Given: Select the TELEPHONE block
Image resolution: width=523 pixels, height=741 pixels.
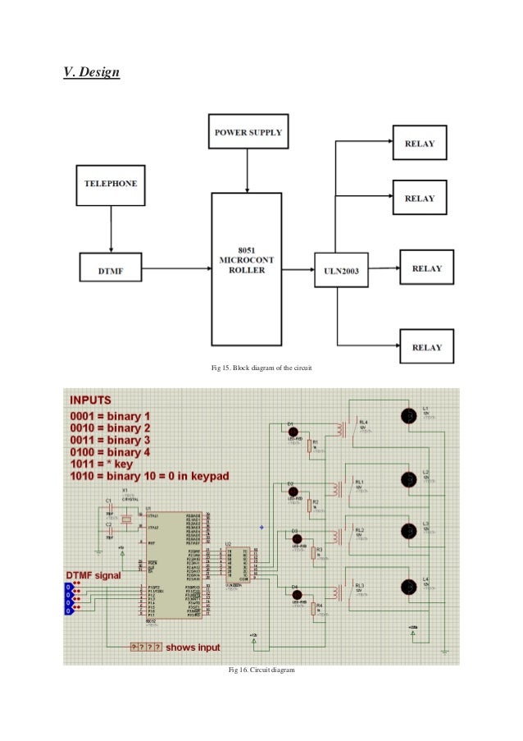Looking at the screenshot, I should [x=111, y=183].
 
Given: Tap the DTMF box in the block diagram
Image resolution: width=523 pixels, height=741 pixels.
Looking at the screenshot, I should [x=111, y=268].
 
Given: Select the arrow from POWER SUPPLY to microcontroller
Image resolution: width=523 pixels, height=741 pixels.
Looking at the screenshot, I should [x=248, y=172].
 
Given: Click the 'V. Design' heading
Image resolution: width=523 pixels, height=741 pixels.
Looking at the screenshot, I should [x=92, y=73].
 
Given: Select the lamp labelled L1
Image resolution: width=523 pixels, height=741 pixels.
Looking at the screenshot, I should [x=407, y=415].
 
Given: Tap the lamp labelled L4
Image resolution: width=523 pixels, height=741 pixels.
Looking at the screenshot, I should [x=407, y=587].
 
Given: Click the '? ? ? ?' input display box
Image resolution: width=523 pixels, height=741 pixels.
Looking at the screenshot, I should [x=146, y=647].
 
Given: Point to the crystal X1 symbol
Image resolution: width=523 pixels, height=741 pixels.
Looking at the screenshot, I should [x=125, y=519].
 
